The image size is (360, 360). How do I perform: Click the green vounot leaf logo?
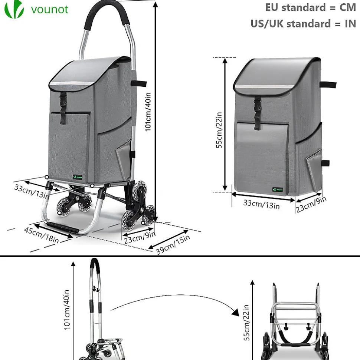(14, 9)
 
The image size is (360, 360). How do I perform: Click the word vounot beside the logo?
(50, 9)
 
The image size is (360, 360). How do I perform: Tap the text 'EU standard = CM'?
(311, 7)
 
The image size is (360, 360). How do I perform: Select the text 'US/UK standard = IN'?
(303, 24)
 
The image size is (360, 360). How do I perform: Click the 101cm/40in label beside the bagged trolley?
(148, 112)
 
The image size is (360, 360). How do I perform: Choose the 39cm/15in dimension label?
(173, 245)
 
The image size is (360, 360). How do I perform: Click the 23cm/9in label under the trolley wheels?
(140, 237)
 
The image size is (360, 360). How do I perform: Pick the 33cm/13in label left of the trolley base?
(32, 191)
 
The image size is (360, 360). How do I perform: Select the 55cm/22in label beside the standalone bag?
(219, 130)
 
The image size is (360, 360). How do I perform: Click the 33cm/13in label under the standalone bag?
(261, 204)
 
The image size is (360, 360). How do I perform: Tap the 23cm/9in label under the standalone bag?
(311, 205)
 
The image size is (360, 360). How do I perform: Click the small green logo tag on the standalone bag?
(278, 189)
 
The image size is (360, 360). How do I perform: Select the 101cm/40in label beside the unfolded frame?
(66, 310)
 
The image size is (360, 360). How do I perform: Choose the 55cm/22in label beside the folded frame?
(246, 323)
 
